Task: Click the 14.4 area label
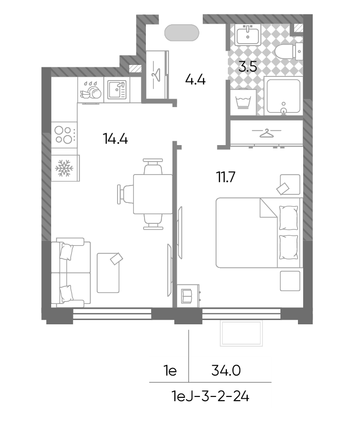click(x=115, y=139)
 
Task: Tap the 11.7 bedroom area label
click(x=226, y=177)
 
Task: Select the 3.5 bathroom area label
click(x=248, y=66)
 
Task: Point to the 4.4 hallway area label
click(x=196, y=80)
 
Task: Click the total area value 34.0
click(x=226, y=370)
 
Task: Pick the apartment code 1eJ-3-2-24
click(x=210, y=396)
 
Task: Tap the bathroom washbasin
click(x=248, y=35)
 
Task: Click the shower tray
click(x=283, y=96)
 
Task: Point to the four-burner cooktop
click(x=64, y=135)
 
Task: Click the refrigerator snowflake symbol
click(x=64, y=168)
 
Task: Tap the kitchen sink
click(x=117, y=90)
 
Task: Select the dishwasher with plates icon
click(x=90, y=90)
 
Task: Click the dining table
click(x=153, y=194)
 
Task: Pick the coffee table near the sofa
click(x=108, y=273)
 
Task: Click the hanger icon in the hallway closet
click(x=156, y=74)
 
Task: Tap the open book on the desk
click(x=187, y=296)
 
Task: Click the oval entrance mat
click(x=182, y=33)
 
